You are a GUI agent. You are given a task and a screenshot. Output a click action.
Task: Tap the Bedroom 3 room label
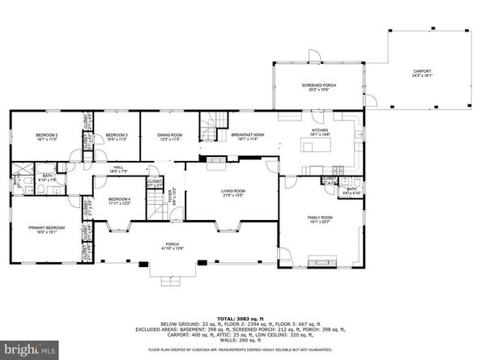pos(117,137)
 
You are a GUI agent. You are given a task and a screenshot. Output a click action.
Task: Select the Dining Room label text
pos(169,137)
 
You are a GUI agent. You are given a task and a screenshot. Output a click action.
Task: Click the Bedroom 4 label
pos(119,201)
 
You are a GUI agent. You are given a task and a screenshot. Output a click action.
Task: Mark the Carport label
pos(423,72)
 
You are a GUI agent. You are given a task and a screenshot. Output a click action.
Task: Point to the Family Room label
pos(319,220)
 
